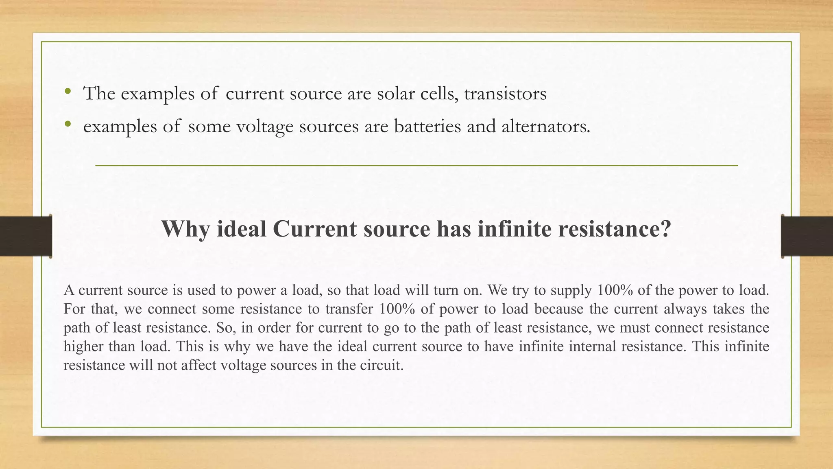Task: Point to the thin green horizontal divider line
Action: (x=416, y=166)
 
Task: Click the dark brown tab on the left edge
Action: (x=26, y=236)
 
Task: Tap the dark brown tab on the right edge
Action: (x=807, y=236)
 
